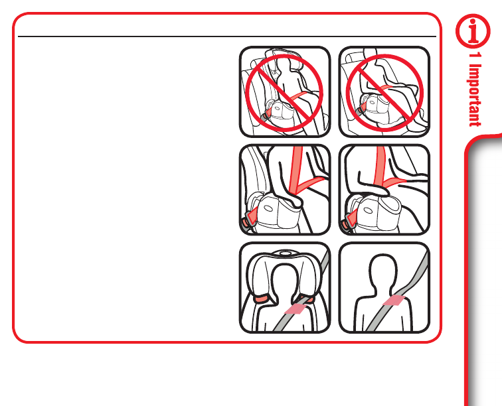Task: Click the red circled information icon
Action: click(x=473, y=31)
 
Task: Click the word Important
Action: click(x=475, y=96)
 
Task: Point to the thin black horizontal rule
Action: click(x=227, y=36)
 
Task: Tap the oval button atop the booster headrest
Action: click(x=284, y=253)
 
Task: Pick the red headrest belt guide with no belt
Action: click(x=263, y=299)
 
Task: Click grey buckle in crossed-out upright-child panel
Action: click(x=262, y=117)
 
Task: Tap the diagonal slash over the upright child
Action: click(x=284, y=93)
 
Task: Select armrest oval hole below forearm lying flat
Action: click(x=368, y=210)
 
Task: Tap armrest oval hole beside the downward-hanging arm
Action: click(x=268, y=208)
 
